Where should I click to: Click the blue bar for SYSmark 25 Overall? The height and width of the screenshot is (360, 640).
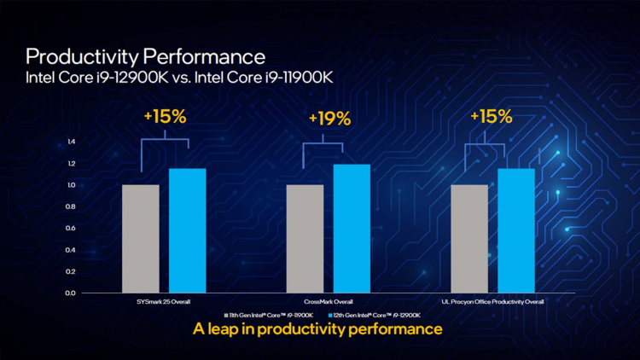click(187, 230)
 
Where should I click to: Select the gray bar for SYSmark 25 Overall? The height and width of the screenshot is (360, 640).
click(141, 238)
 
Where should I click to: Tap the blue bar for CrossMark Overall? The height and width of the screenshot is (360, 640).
click(351, 228)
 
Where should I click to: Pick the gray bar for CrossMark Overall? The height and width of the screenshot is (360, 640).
click(305, 238)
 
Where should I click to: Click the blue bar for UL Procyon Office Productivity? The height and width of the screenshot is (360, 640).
click(515, 230)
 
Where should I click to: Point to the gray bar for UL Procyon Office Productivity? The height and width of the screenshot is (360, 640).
click(469, 238)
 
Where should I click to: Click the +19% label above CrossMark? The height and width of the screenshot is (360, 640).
click(329, 119)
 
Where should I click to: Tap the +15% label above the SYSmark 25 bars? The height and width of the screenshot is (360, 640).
click(166, 117)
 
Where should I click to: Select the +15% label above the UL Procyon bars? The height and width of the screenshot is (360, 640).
click(492, 117)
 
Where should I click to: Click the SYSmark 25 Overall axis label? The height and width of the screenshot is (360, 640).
click(164, 301)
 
